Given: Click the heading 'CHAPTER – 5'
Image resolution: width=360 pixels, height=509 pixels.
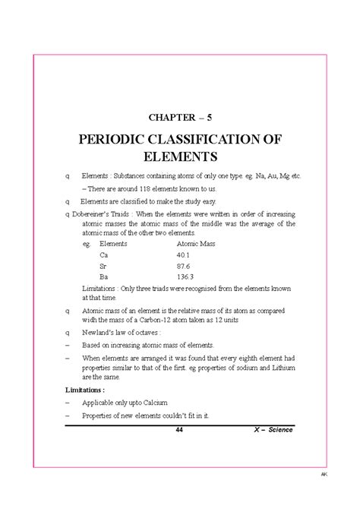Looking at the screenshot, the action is pyautogui.click(x=180, y=119).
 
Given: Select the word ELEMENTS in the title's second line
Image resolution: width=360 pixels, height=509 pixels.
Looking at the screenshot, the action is pyautogui.click(x=180, y=157).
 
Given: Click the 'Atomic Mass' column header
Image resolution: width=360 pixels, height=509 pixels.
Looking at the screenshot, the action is pyautogui.click(x=196, y=244).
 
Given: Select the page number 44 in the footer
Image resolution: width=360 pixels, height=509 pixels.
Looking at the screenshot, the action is pyautogui.click(x=179, y=430).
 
